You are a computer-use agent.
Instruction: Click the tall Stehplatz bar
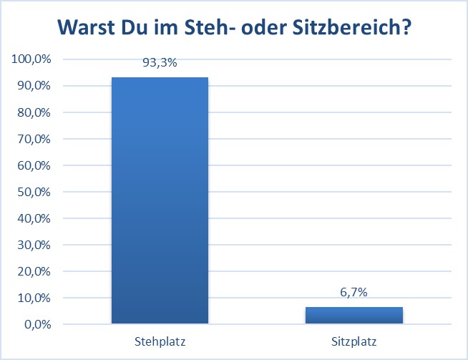[x=160, y=200]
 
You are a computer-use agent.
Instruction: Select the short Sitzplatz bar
[x=354, y=315]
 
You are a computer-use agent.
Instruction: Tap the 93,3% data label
[x=160, y=63]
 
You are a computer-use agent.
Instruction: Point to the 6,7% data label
[x=354, y=292]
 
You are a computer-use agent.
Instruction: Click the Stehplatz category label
[x=160, y=341]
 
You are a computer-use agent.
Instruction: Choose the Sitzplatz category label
[x=354, y=341]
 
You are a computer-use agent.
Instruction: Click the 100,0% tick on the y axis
[x=31, y=59]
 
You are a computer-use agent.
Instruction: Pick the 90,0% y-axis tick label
[x=34, y=86]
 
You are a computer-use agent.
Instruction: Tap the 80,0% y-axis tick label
[x=34, y=112]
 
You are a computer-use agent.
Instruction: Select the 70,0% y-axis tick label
[x=34, y=139]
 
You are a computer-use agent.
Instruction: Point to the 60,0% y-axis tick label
[x=34, y=165]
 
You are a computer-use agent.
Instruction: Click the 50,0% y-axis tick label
[x=34, y=192]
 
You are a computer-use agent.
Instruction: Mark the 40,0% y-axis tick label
[x=34, y=218]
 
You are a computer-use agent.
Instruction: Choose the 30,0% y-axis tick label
[x=34, y=245]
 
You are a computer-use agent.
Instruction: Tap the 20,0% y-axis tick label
[x=34, y=271]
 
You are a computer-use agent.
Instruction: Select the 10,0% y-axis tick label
[x=34, y=298]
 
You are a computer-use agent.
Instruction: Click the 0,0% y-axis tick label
[x=38, y=324]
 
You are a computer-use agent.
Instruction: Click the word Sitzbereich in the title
[x=351, y=27]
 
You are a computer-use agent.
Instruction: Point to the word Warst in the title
[x=87, y=27]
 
